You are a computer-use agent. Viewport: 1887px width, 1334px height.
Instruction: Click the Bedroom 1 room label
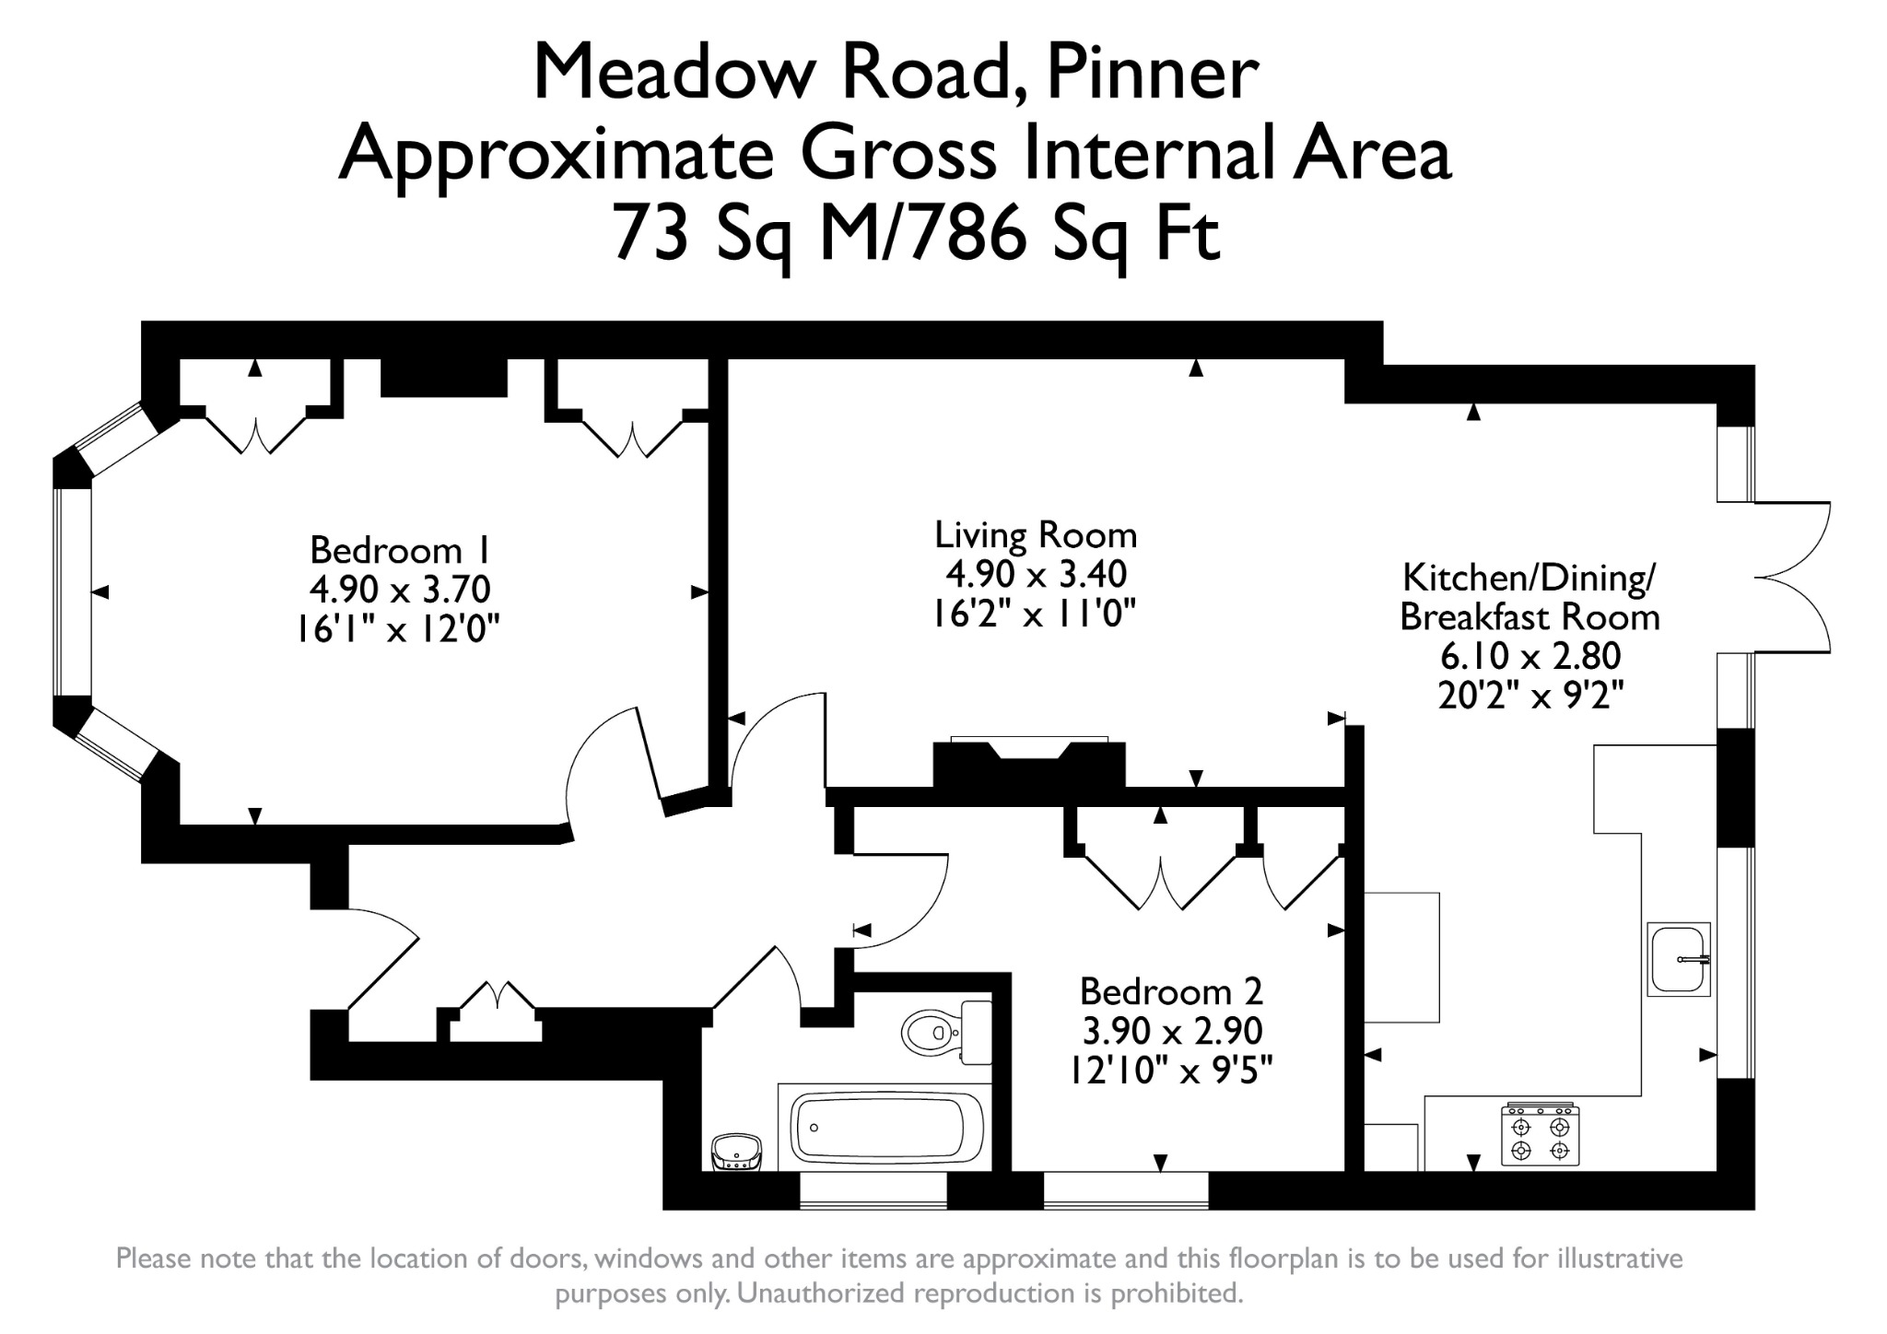click(x=400, y=550)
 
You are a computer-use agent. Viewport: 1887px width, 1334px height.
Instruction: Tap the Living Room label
click(x=1036, y=534)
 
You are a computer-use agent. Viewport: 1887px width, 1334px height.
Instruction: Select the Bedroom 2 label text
click(x=1171, y=991)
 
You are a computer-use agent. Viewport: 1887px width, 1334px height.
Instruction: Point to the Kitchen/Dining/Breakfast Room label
click(x=1530, y=597)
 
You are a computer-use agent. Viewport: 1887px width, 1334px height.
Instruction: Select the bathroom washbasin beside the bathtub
click(x=736, y=1152)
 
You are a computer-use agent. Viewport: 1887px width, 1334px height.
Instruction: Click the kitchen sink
click(x=1679, y=959)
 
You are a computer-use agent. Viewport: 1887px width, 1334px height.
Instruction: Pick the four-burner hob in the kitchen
click(x=1541, y=1134)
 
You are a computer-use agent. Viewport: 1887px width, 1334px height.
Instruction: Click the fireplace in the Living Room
click(x=1029, y=763)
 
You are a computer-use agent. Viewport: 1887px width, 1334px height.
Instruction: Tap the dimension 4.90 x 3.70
click(x=400, y=588)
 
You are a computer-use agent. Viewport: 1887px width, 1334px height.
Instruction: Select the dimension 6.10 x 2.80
click(x=1530, y=656)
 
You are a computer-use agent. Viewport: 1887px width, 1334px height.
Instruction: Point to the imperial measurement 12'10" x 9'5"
click(x=1171, y=1071)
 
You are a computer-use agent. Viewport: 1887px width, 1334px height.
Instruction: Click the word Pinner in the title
click(x=1153, y=74)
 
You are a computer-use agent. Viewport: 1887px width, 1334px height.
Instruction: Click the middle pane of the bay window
click(x=73, y=591)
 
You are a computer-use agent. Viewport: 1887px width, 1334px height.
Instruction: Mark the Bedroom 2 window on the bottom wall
click(x=1126, y=1189)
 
